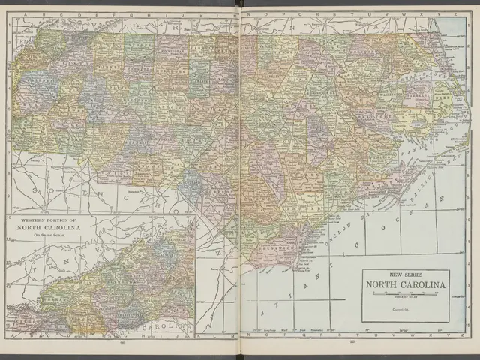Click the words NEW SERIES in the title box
click(x=406, y=275)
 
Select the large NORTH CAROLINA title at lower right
click(x=406, y=284)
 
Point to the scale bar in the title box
click(x=406, y=293)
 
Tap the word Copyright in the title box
click(x=406, y=307)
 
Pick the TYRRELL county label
click(x=420, y=96)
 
